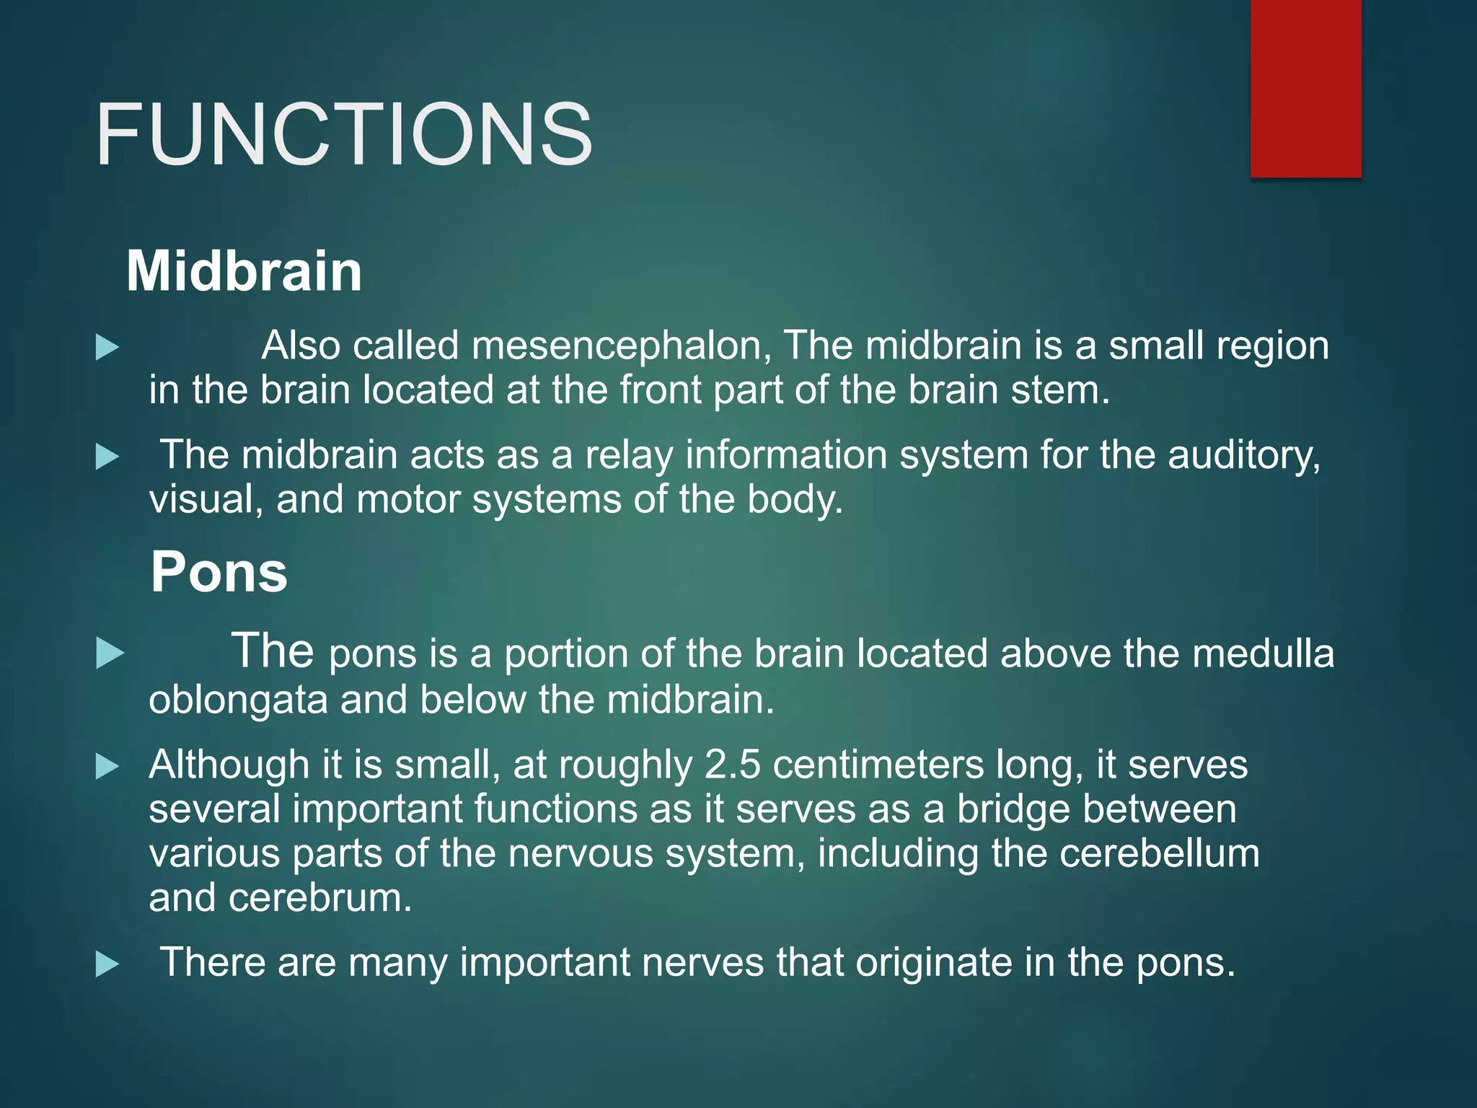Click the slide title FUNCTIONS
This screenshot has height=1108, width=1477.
(343, 135)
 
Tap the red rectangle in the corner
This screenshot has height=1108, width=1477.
(1305, 88)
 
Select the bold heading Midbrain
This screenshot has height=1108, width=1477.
(244, 271)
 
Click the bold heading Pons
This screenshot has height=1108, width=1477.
(219, 572)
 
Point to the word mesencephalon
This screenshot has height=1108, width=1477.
(621, 346)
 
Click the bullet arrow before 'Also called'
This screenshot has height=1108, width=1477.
(107, 347)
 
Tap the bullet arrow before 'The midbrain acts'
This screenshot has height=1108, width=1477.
(107, 457)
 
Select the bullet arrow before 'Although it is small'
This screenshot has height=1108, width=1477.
(107, 766)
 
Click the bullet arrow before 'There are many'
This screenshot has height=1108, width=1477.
(107, 964)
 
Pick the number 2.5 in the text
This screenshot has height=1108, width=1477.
(732, 765)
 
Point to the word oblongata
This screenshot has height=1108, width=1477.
(238, 700)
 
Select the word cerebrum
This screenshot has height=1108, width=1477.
(320, 898)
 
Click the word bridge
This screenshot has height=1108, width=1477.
(1017, 809)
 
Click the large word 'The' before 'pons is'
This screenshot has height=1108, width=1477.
(272, 650)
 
